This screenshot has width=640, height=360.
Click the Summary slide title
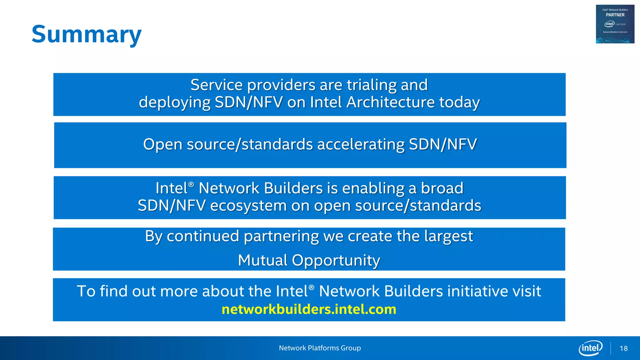click(x=87, y=34)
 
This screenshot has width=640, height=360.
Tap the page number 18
click(x=623, y=348)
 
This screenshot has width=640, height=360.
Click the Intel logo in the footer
click(x=590, y=348)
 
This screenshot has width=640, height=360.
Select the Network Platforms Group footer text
click(x=320, y=348)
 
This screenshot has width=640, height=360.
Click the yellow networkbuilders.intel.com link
click(x=309, y=309)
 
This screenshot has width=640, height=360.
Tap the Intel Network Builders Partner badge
click(x=615, y=24)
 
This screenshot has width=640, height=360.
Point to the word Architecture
click(x=391, y=102)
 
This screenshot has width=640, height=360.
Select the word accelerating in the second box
click(x=361, y=144)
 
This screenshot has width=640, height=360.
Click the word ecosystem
click(x=248, y=206)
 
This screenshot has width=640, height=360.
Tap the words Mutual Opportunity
click(x=309, y=260)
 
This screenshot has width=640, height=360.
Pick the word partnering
click(x=281, y=236)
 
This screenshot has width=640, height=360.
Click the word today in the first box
click(x=459, y=102)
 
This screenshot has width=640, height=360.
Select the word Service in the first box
click(x=216, y=85)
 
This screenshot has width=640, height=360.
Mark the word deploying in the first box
click(x=175, y=102)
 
